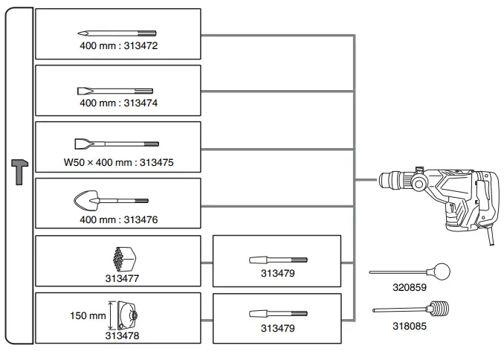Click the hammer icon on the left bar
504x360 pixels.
tap(19, 172)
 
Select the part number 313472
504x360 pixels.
tap(142, 46)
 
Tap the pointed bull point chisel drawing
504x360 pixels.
tap(117, 33)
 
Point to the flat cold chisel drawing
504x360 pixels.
tap(117, 90)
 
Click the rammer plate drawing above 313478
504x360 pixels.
tap(123, 315)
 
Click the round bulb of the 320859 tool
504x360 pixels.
tap(443, 272)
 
